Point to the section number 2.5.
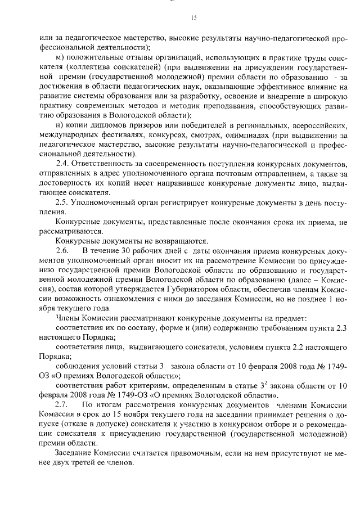pyautogui.click(x=62, y=202)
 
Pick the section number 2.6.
pyautogui.click(x=62, y=250)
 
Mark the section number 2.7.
pyautogui.click(x=62, y=404)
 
